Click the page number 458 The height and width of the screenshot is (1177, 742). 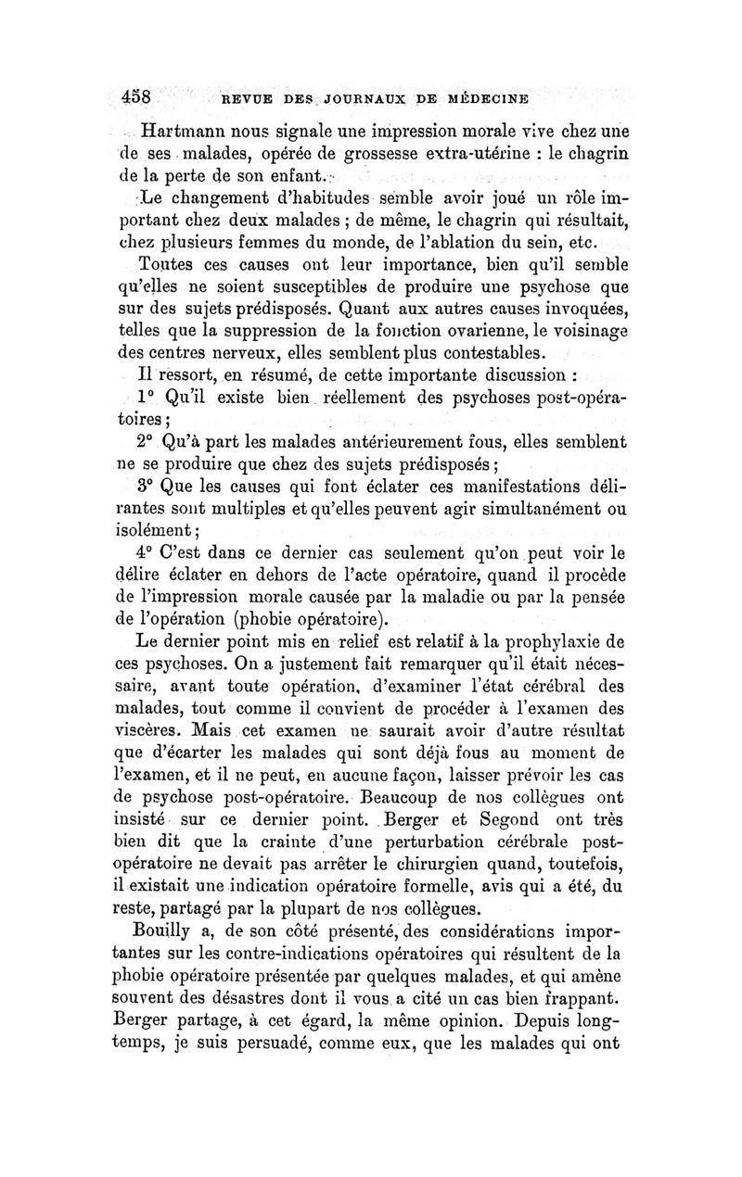(143, 95)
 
